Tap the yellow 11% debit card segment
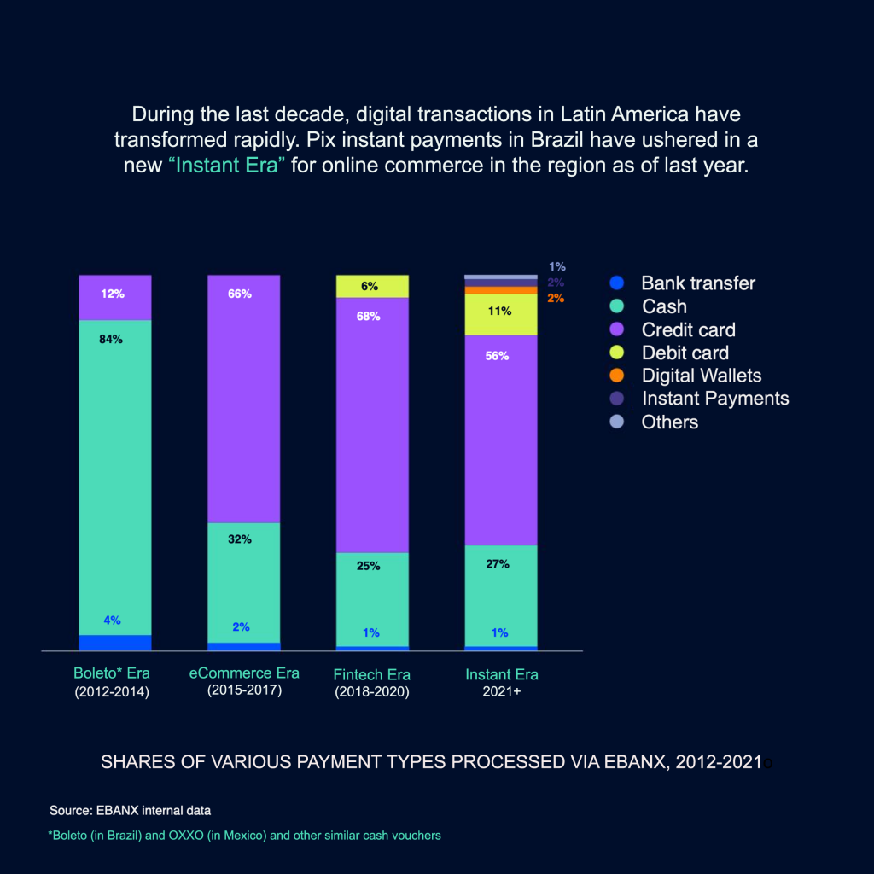point(501,314)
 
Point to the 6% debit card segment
point(372,287)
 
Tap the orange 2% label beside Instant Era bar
point(556,298)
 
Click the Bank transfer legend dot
point(619,283)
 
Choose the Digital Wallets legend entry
point(701,376)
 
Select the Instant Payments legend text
point(715,399)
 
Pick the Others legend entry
point(669,422)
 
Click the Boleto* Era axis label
point(112,674)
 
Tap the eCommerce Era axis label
point(244,673)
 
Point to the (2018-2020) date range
point(372,692)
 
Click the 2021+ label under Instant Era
point(501,692)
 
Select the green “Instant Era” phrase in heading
point(227,166)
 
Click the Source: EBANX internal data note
point(130,809)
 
